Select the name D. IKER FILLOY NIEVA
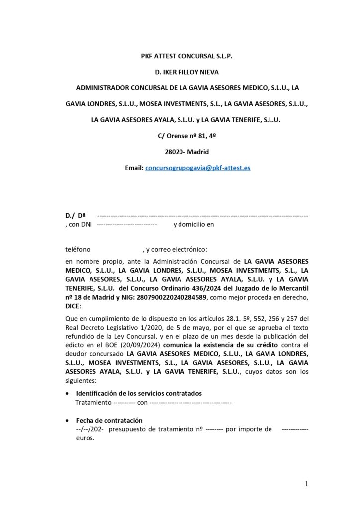[180, 73]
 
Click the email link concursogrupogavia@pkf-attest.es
[197, 168]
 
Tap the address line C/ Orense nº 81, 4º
[180, 136]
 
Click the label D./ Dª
[75, 216]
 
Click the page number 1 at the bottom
[307, 483]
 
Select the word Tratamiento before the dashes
[93, 402]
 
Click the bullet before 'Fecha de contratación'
[68, 420]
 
